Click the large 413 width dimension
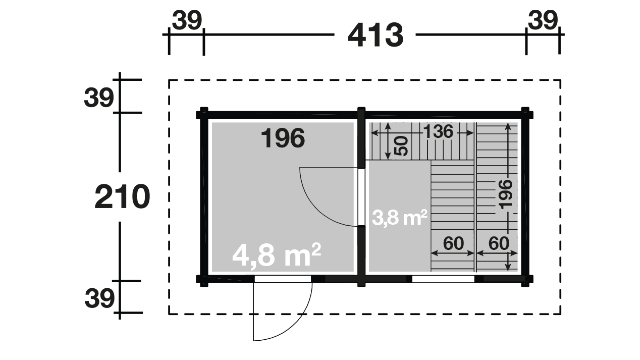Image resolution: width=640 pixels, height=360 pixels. (x=375, y=35)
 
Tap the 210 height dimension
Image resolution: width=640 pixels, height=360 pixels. (x=122, y=197)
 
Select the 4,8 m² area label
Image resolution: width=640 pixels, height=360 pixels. (x=276, y=255)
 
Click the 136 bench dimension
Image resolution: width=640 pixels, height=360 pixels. (x=438, y=132)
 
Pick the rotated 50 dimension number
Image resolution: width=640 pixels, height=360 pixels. (x=401, y=146)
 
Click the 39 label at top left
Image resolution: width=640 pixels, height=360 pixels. (x=187, y=20)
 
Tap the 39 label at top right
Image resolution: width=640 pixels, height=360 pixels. (x=543, y=20)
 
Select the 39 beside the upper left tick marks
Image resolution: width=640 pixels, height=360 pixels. (x=99, y=98)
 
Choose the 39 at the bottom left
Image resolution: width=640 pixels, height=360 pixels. (x=99, y=299)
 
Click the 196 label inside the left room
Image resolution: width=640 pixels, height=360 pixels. (x=283, y=138)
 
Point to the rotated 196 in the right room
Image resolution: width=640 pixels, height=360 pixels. (x=505, y=194)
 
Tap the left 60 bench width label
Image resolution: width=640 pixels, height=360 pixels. (x=453, y=243)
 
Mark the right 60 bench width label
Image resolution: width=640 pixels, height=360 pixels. (x=499, y=243)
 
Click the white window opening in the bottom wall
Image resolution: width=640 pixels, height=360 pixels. (x=443, y=279)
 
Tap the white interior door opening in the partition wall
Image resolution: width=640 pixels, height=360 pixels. (x=361, y=197)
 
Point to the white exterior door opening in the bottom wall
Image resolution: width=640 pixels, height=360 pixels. (x=283, y=279)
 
